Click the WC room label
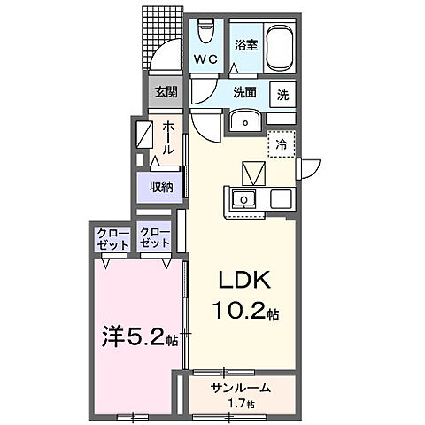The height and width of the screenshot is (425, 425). tap(206, 59)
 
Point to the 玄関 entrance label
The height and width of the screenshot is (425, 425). tap(166, 92)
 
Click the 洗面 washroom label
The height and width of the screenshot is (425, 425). tap(244, 93)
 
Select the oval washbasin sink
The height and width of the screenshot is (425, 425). tap(242, 121)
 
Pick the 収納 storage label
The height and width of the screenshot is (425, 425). tap(160, 187)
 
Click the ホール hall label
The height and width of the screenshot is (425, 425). tap(167, 137)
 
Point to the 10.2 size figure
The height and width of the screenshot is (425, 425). tap(236, 313)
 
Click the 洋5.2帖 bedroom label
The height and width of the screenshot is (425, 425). tap(136, 337)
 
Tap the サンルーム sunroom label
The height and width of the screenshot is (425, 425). tap(240, 389)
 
